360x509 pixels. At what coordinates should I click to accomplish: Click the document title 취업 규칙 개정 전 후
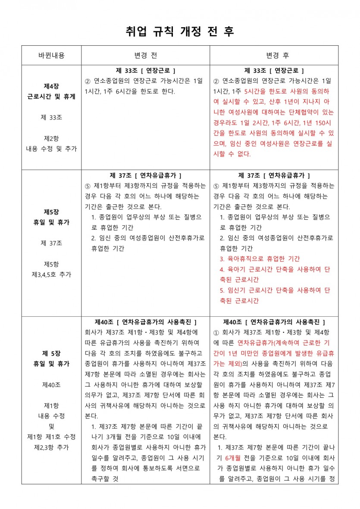tap(180, 32)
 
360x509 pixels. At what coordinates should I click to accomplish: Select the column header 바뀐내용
tap(51, 56)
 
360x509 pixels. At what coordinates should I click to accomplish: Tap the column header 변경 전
tap(146, 56)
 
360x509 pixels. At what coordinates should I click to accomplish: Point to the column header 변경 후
tap(274, 56)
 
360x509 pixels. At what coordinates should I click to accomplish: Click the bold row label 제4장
tap(51, 86)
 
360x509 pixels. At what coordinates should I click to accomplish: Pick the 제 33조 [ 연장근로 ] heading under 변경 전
tap(146, 71)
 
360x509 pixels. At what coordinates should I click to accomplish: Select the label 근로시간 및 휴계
tap(51, 97)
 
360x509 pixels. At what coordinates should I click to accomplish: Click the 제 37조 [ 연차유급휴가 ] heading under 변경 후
tap(274, 175)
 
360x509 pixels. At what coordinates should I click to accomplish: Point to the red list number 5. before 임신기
tap(222, 290)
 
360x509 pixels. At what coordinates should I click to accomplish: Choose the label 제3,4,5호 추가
tap(51, 274)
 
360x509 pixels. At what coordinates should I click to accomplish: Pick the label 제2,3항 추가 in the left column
tap(51, 447)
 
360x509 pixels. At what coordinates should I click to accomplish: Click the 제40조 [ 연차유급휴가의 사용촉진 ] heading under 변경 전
tap(146, 322)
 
